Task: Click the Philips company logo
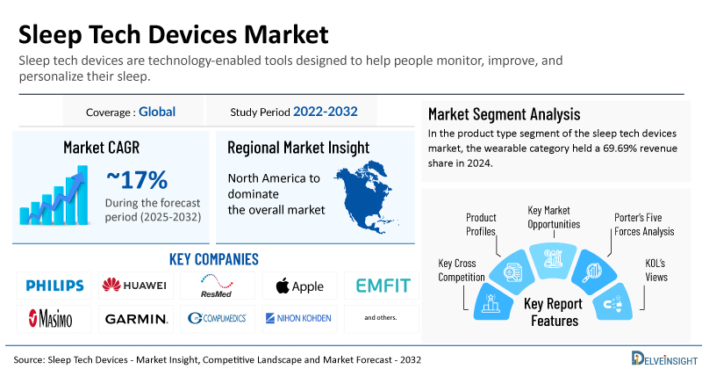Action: (x=54, y=286)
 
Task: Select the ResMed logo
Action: (x=217, y=286)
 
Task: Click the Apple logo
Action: (x=299, y=286)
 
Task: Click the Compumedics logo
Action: (x=217, y=318)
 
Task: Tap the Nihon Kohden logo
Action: (x=299, y=318)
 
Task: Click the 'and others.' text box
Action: (x=381, y=317)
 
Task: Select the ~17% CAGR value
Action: (x=137, y=179)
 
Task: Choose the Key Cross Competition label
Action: (x=462, y=271)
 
